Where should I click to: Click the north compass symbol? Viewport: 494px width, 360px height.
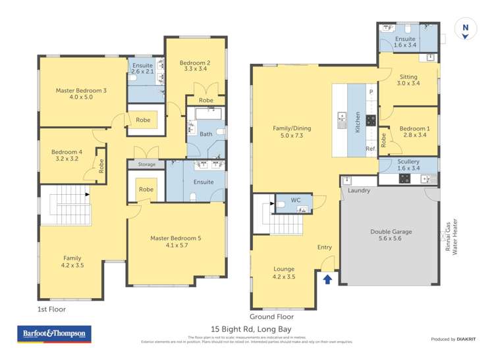pyautogui.click(x=466, y=30)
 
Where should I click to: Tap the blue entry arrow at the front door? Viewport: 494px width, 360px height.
pyautogui.click(x=327, y=278)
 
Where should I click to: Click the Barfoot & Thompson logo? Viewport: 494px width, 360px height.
pyautogui.click(x=54, y=334)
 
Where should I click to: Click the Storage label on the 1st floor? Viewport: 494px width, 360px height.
pyautogui.click(x=146, y=164)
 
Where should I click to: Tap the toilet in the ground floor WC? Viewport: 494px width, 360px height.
pyautogui.click(x=281, y=206)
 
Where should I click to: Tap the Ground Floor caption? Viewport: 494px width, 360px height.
pyautogui.click(x=272, y=316)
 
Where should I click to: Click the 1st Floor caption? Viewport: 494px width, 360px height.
pyautogui.click(x=51, y=309)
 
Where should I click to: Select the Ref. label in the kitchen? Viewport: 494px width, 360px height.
pyautogui.click(x=371, y=149)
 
